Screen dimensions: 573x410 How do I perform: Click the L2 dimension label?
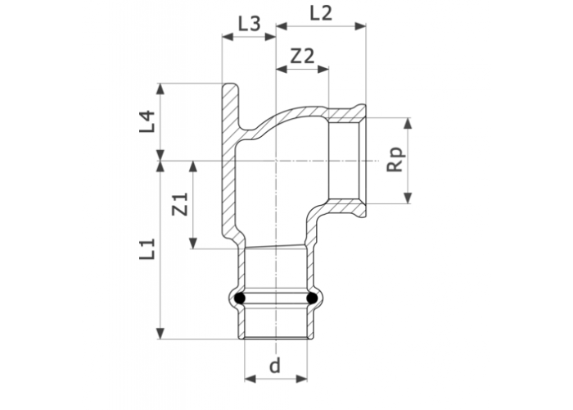coord(321,14)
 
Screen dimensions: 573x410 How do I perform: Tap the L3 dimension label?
coord(249,24)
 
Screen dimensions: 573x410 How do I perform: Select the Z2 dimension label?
coord(302,56)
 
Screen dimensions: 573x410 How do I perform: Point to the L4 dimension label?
coord(147,121)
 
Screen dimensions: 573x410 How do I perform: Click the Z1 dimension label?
coord(180,204)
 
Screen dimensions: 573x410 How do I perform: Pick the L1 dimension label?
coord(147,249)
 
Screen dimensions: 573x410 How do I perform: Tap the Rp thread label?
coord(395,160)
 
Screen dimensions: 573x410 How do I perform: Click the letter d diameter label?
coord(274,365)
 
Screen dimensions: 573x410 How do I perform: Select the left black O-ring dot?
coord(239,298)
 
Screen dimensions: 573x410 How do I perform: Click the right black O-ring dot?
coord(312,298)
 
